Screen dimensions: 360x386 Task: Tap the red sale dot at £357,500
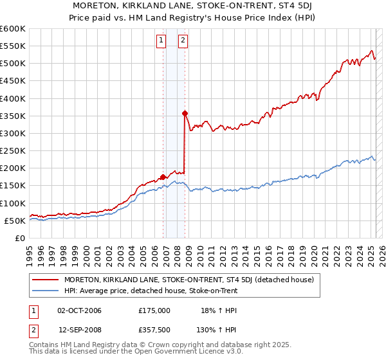185,113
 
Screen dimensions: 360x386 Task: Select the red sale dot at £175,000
163,177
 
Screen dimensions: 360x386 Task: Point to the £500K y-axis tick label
12,64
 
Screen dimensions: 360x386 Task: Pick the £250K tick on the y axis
12,151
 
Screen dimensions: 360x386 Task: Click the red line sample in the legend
45,279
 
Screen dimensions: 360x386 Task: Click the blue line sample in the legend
45,291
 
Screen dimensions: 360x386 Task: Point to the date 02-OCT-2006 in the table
79,310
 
